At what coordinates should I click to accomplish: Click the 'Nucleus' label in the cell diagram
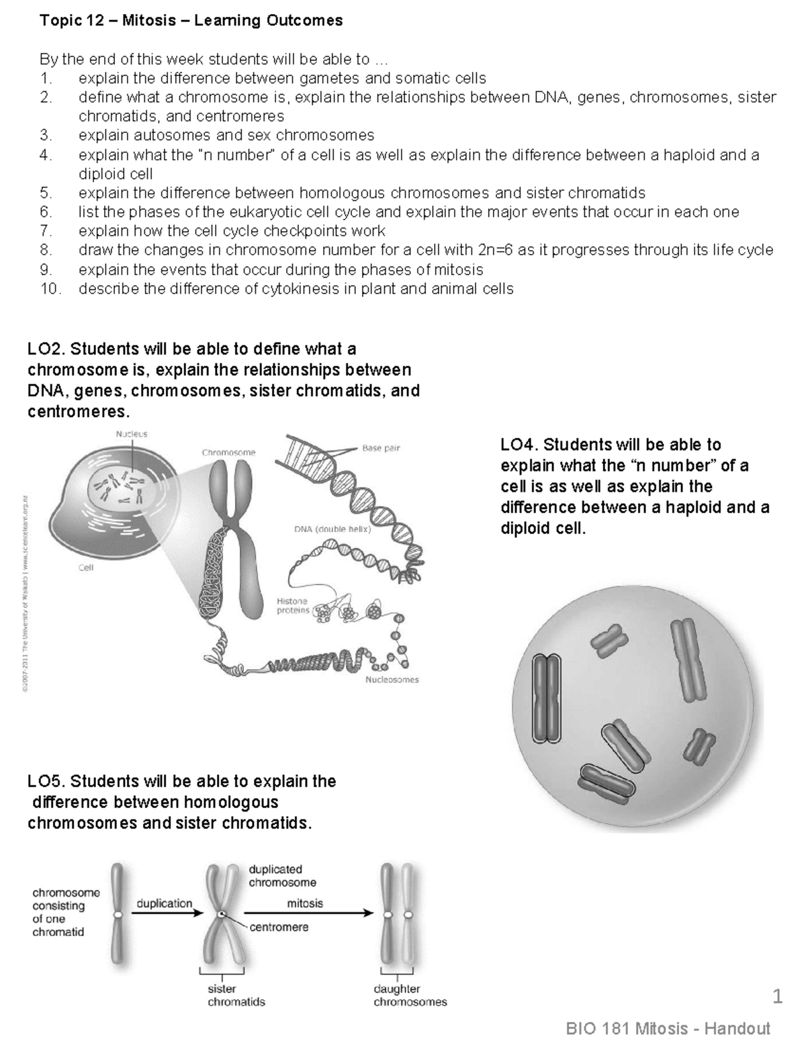[132, 434]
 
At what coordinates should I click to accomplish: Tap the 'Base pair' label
[381, 448]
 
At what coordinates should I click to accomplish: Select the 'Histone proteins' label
[292, 605]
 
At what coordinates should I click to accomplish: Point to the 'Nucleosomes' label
[392, 680]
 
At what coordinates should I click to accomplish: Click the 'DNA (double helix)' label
[332, 529]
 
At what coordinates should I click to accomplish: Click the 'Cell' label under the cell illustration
[86, 568]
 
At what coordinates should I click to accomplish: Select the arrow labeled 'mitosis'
[308, 913]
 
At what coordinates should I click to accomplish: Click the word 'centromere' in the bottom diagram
[279, 927]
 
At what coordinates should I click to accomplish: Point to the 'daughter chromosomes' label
[410, 995]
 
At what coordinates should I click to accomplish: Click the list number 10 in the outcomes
[50, 289]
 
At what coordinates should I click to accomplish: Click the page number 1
[778, 997]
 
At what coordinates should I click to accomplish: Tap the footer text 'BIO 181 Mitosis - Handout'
[668, 1028]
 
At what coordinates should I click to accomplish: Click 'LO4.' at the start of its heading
[519, 445]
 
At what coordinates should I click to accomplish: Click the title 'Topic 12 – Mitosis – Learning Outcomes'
[191, 21]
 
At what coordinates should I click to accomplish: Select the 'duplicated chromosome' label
[282, 876]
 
